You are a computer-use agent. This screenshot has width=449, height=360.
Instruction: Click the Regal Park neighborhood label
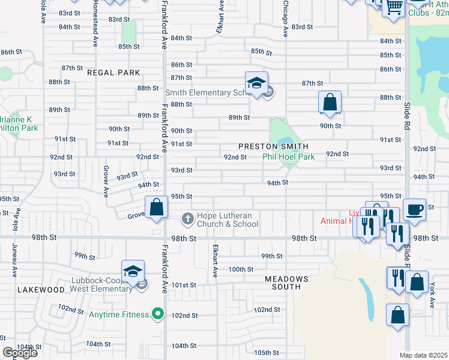[113, 73]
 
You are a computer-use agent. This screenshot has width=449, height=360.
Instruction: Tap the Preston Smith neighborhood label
[273, 146]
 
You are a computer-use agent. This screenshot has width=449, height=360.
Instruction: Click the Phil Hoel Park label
[289, 157]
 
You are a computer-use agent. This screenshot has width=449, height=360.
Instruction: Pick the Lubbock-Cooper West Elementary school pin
[133, 271]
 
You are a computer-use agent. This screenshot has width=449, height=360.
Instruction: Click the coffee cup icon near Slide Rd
[414, 209]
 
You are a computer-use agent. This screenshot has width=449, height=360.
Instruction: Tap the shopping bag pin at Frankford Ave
[156, 208]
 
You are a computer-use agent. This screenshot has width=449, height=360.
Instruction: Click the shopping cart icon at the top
[394, 7]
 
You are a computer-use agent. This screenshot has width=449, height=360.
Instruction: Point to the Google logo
[20, 353]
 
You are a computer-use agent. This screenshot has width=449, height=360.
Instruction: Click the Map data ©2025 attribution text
[423, 355]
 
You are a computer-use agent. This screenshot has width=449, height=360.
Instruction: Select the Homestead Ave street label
[95, 24]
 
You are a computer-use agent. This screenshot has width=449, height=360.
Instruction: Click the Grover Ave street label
[106, 180]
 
